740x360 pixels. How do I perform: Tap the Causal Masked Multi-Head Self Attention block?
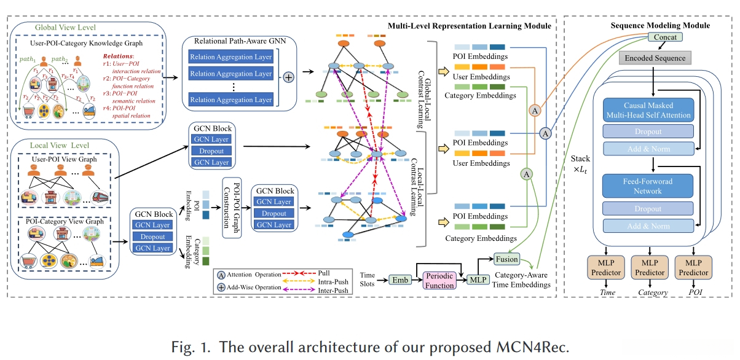click(648, 110)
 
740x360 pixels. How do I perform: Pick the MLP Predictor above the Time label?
click(607, 268)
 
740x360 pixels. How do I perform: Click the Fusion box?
click(507, 259)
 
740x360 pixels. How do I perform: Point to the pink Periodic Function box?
click(439, 281)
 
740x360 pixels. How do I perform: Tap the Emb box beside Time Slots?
click(400, 281)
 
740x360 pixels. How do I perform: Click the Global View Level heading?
click(61, 28)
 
